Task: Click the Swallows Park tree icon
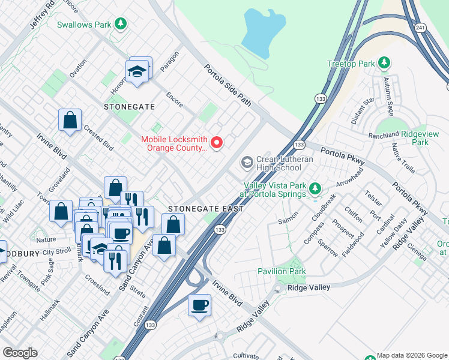[121, 24]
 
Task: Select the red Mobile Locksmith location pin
[216, 142]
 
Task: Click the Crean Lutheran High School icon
[246, 163]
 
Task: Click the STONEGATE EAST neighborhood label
[206, 209]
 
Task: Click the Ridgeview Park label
[412, 138]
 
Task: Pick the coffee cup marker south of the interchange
[200, 305]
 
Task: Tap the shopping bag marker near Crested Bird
[70, 120]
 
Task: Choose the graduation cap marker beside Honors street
[137, 71]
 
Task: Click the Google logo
[19, 353]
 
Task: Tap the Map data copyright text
[411, 355]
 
